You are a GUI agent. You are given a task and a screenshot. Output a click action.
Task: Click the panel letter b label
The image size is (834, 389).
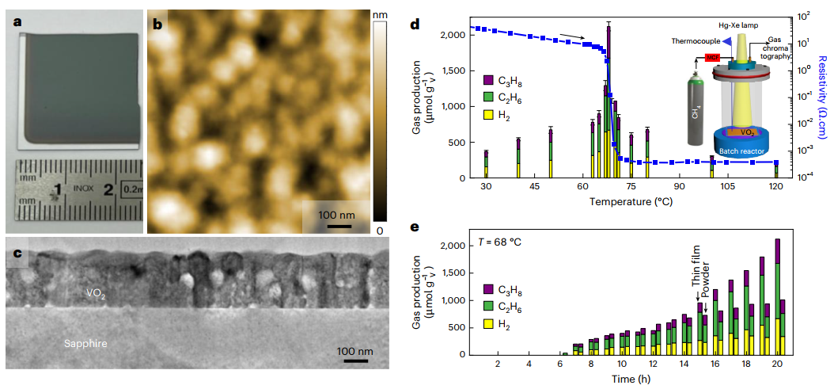tap(157, 25)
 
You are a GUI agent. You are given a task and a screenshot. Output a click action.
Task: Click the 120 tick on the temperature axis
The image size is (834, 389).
tap(775, 186)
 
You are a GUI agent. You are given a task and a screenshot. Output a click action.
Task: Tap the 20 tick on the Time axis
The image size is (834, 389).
tap(777, 363)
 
